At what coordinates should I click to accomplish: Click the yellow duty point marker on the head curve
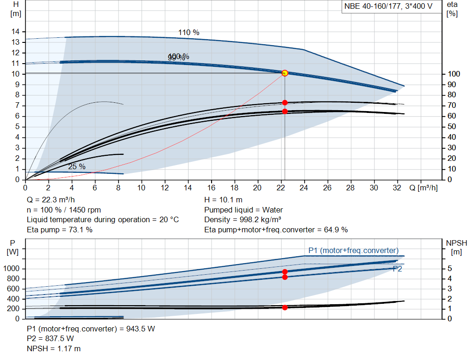pos(284,73)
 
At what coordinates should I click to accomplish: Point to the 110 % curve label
pos(189,33)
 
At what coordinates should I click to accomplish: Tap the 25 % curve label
pos(77,166)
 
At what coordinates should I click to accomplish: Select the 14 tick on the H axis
pos(16,31)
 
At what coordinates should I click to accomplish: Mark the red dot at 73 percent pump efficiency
pos(284,102)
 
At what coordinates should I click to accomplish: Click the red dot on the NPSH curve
pos(284,307)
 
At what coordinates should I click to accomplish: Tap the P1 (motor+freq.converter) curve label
pos(353,250)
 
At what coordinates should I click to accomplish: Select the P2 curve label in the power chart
pos(397,269)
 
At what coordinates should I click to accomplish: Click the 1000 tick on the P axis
pos(12,269)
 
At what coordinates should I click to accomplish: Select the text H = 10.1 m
pos(223,200)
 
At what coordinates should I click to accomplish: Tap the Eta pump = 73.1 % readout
pos(59,230)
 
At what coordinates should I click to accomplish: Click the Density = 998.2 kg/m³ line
pos(243,220)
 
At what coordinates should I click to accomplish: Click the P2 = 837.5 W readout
pos(50,339)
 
